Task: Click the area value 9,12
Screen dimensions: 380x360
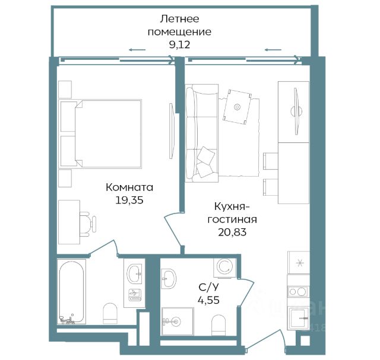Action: coord(179,45)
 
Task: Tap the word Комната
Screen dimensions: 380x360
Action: coord(129,187)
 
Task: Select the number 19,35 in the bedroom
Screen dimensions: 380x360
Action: coord(129,200)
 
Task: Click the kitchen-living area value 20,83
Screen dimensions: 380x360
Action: coord(232,232)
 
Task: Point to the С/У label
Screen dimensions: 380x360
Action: coord(208,288)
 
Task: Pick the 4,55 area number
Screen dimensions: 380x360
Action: coord(208,300)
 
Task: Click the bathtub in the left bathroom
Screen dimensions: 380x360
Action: coord(71,292)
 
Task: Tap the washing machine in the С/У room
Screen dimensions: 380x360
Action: coord(224,267)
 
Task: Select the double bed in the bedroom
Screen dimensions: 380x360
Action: coord(100,133)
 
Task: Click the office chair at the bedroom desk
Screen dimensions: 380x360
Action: coord(88,224)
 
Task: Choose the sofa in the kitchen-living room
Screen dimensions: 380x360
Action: coord(202,133)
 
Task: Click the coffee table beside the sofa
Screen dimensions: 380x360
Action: coord(237,107)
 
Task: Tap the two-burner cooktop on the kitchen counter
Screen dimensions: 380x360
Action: coord(298,291)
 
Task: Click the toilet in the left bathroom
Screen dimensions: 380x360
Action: coord(110,313)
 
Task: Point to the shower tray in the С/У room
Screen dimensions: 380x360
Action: coord(178,321)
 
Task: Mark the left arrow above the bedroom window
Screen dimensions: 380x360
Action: coord(137,50)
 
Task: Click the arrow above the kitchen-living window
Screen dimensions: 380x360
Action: coord(273,50)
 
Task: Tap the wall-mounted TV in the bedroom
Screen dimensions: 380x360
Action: coord(171,130)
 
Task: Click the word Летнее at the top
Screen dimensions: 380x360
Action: coord(179,19)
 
